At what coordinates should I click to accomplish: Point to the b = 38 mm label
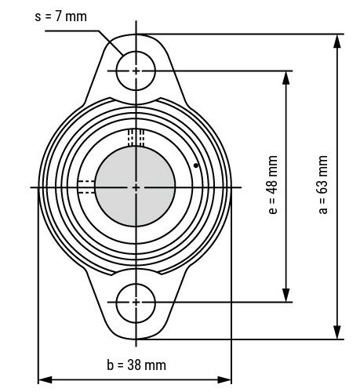136,365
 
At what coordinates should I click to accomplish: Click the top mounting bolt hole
136,71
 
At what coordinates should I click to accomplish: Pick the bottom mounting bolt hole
136,301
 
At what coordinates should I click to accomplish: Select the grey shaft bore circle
136,187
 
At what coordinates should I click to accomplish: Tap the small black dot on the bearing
195,165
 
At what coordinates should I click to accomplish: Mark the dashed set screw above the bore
136,137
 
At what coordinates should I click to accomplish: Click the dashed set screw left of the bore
85,187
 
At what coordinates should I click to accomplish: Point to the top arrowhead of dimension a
338,40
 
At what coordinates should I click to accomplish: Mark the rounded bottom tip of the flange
136,338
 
